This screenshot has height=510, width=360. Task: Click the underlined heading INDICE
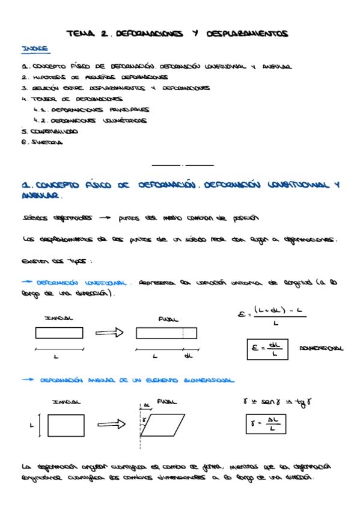34,48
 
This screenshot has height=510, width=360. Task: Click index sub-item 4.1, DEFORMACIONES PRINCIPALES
91,110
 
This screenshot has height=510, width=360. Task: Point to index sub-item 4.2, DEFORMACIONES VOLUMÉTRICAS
91,120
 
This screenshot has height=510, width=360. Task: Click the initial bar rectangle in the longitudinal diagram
59,333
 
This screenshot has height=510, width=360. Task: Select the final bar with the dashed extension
166,333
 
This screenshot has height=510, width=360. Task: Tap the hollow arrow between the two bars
109,333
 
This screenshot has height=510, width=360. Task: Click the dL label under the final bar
188,355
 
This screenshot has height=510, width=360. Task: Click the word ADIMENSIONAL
321,348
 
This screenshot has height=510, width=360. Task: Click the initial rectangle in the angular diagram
66,425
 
